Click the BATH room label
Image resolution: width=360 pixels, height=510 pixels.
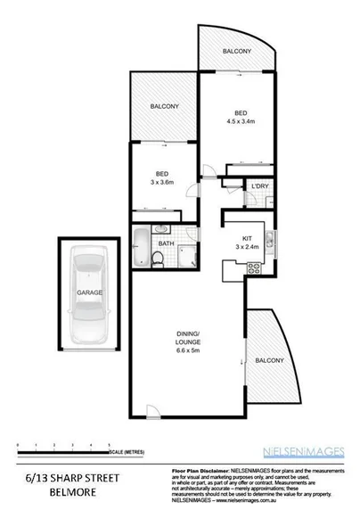pos(167,243)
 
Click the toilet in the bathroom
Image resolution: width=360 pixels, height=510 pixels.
pos(158,259)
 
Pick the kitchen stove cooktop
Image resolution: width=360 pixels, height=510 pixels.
pos(254,268)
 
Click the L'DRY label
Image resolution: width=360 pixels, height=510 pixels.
pos(259,186)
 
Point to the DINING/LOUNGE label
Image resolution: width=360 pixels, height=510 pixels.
pos(188,340)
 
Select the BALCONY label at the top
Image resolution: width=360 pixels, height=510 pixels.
pos(236,51)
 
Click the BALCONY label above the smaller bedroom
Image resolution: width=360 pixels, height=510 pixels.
pos(164,107)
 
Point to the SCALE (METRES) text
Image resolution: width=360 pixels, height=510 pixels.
pos(130,452)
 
